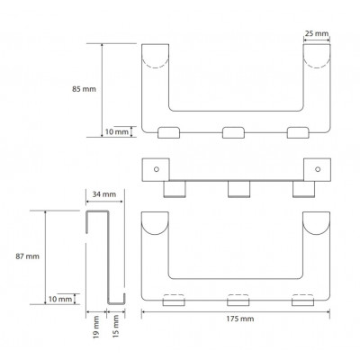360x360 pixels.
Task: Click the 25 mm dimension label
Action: point(317,33)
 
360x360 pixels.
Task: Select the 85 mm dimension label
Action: point(84,89)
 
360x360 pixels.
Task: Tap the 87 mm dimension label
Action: point(27,256)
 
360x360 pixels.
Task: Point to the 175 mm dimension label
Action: point(240,319)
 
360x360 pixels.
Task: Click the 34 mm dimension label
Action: point(104,194)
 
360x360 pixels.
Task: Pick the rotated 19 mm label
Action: point(96,327)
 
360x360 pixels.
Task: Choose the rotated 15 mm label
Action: point(116,326)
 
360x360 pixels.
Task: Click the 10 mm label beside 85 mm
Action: point(117,132)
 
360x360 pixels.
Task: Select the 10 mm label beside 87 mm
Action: point(60,299)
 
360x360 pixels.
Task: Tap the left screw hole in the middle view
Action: point(157,169)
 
